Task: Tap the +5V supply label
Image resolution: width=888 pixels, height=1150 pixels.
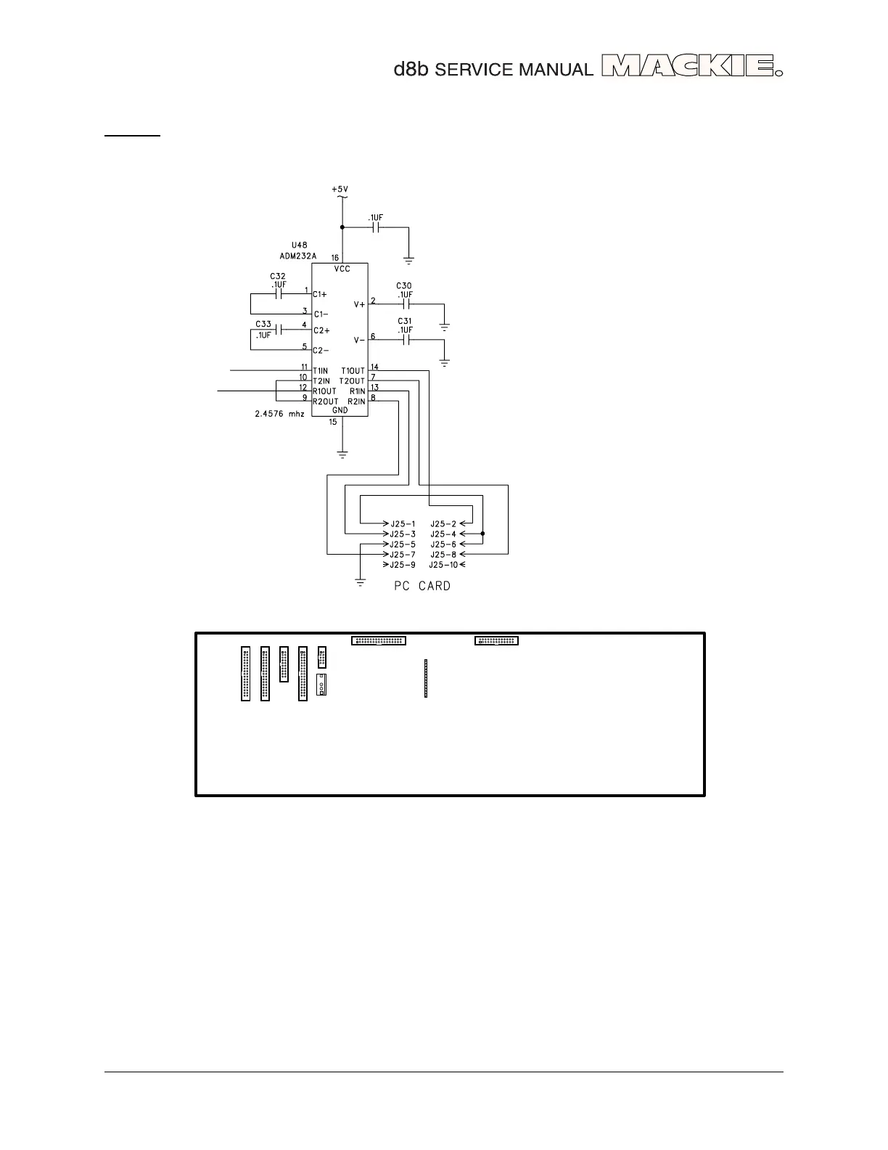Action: point(340,189)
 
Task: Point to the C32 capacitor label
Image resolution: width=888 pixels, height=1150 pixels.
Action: point(277,277)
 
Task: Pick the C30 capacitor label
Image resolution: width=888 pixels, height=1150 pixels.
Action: point(404,285)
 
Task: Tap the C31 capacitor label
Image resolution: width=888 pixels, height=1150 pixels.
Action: point(404,321)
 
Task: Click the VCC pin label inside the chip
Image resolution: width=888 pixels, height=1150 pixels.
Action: point(341,269)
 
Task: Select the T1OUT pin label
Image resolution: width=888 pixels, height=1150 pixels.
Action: point(353,371)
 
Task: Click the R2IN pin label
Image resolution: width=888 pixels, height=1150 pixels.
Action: point(355,401)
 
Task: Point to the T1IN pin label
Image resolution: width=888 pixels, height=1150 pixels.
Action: point(321,371)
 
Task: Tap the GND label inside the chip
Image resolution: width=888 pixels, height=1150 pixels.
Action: point(340,410)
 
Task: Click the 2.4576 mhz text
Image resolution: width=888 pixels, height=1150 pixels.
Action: point(279,414)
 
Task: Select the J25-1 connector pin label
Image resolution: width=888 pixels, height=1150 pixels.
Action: point(403,523)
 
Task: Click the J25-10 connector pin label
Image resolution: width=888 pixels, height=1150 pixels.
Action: point(443,564)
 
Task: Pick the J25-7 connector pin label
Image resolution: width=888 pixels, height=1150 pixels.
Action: point(403,554)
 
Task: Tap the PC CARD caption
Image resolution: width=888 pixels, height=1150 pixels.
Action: point(422,586)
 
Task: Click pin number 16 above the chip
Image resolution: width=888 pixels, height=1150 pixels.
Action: point(335,258)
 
